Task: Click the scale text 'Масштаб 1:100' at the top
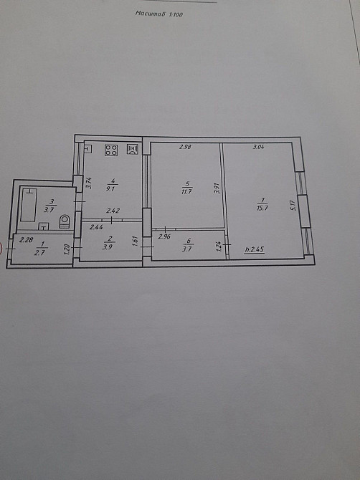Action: click(159, 14)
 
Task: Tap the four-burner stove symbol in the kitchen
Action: click(112, 150)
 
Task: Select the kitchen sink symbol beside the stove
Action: click(132, 150)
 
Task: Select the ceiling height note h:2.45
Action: click(255, 250)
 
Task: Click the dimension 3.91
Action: click(216, 190)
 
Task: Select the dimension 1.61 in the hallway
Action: click(136, 241)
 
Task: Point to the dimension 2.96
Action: click(164, 236)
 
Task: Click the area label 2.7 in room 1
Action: click(40, 253)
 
